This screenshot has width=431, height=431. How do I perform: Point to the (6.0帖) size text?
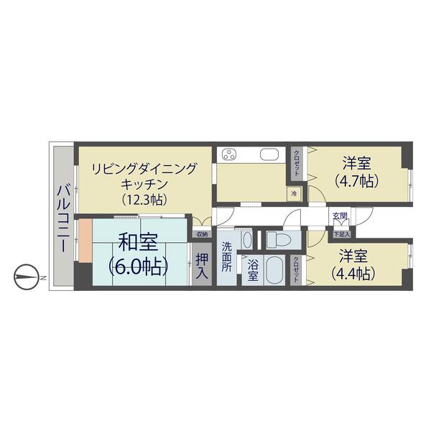(138, 267)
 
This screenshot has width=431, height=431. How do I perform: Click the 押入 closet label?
(202, 264)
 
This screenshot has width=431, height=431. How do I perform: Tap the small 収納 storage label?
(202, 234)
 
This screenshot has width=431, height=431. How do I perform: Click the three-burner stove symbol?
(230, 155)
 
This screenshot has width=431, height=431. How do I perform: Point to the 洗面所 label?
(226, 257)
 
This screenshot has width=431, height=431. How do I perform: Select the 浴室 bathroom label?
(253, 271)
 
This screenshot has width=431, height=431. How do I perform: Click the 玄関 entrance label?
(340, 216)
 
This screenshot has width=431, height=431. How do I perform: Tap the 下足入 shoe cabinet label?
(341, 234)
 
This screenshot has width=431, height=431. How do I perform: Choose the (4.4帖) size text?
(353, 273)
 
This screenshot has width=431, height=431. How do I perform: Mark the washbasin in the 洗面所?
(247, 239)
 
